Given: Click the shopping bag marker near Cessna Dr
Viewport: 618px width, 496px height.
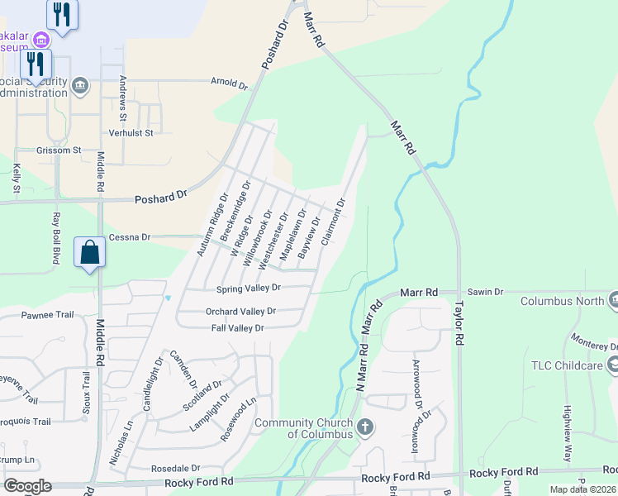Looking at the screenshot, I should [89, 252].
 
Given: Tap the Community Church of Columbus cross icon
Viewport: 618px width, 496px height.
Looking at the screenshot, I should [364, 427].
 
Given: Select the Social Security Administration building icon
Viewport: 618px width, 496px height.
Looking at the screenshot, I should [80, 84].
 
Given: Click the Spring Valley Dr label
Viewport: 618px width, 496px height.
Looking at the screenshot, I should [249, 289].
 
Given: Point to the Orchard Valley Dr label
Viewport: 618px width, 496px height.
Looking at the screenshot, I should [240, 312].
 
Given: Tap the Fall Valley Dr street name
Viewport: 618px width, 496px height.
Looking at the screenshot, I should [236, 328].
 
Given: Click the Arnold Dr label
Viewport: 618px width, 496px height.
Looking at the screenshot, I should [229, 84].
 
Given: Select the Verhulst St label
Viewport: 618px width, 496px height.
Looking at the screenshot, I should [131, 132].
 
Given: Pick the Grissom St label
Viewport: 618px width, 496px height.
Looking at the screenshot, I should [59, 150].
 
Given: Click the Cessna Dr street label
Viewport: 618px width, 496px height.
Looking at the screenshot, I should [129, 237].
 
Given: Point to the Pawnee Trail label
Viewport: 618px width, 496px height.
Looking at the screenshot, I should [47, 315].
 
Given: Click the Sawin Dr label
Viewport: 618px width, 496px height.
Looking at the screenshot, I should [487, 292].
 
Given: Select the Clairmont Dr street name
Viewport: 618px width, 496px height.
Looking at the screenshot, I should [332, 222].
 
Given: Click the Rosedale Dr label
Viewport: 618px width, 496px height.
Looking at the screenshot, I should [175, 468].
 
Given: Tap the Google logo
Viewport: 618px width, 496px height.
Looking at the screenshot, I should [27, 486].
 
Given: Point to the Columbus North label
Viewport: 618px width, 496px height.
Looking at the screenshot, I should [562, 301].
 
